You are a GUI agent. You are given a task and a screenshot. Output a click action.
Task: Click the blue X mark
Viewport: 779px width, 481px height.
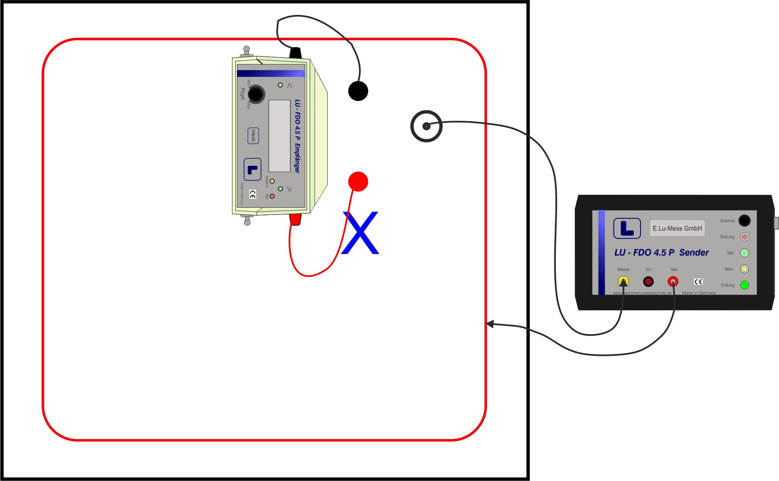tap(360, 233)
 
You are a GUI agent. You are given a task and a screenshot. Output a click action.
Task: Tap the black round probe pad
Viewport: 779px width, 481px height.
tap(358, 91)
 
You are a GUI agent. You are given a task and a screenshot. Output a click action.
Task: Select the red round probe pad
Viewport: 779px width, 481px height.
tap(358, 182)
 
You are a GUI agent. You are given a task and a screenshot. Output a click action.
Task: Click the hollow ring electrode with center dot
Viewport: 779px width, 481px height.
tap(426, 126)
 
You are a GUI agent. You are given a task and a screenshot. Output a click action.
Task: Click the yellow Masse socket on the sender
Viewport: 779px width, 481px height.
tap(623, 281)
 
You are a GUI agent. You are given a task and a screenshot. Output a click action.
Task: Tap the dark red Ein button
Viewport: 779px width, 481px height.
tap(648, 281)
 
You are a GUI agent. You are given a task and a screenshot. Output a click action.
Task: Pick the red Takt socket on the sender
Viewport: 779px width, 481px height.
tap(673, 281)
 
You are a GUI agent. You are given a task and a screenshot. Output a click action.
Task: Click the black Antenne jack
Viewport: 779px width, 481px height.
tap(744, 221)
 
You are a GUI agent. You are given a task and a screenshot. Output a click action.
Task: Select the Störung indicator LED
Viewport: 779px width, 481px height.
tap(744, 237)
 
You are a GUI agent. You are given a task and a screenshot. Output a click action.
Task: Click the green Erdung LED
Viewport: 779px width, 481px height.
tap(744, 285)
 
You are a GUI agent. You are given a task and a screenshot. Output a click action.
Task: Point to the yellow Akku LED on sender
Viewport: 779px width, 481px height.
tap(744, 269)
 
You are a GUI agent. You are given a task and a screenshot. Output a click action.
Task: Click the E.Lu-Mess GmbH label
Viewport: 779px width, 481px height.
tap(677, 228)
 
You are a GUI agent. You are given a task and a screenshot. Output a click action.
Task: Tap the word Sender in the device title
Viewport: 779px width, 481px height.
tap(694, 252)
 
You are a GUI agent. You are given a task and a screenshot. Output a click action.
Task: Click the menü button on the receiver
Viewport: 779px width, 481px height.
tap(253, 136)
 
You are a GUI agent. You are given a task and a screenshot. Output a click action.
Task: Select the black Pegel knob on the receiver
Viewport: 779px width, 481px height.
tap(256, 94)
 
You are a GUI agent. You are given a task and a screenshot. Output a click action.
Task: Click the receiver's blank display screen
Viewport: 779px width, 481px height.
tap(280, 136)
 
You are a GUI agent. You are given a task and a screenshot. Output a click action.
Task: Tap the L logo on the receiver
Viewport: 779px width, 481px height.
tap(253, 169)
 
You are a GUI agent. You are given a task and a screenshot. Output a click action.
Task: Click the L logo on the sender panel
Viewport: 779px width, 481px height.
tap(627, 228)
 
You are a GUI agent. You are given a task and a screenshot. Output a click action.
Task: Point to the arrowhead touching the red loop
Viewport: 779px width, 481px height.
tap(490, 324)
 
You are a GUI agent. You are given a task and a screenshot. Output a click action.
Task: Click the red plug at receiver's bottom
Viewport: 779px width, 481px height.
tap(295, 219)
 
